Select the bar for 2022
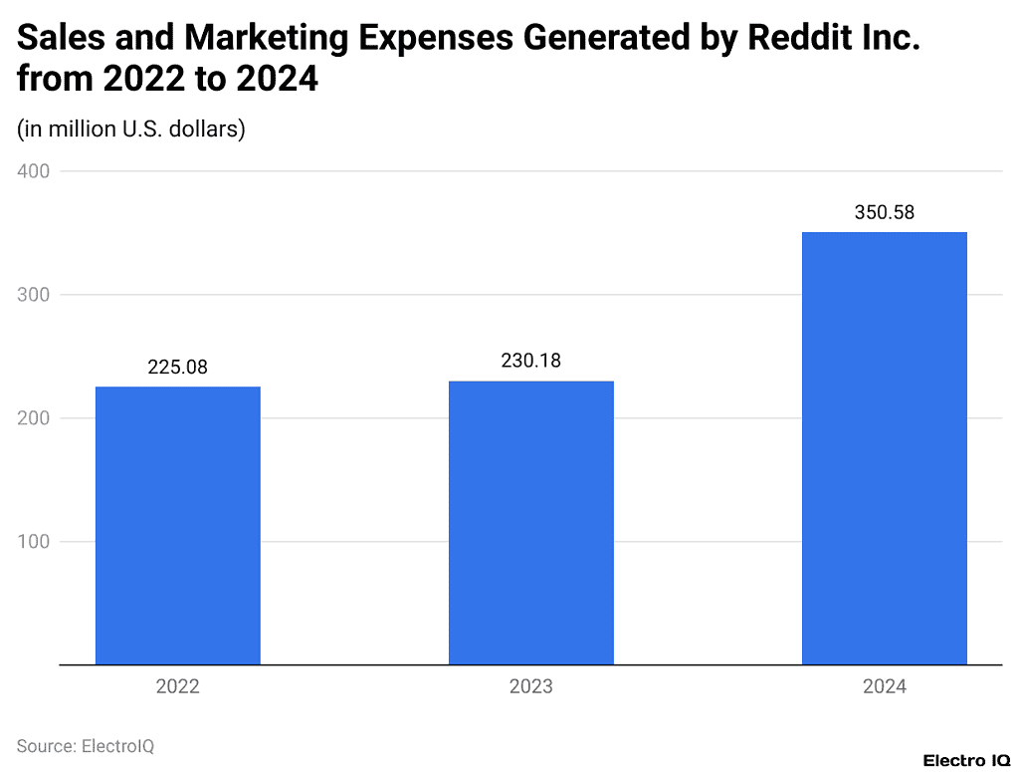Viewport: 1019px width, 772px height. (177, 525)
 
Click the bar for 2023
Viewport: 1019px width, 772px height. (530, 522)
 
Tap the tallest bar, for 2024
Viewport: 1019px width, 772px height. (884, 448)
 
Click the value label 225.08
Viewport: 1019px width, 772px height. (177, 368)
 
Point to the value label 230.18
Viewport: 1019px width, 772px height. (530, 361)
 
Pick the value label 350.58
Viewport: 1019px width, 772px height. (884, 212)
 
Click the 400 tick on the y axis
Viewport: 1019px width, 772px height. (33, 171)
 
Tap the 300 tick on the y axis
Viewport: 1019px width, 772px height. (33, 295)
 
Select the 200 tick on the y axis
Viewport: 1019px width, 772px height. (33, 418)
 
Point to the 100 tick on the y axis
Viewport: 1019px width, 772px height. (33, 542)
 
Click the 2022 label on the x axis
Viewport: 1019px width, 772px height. (177, 687)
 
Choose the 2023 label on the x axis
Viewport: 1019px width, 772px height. (530, 687)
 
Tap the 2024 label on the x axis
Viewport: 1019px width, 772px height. (884, 687)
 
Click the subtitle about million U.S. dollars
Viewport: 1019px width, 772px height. (131, 129)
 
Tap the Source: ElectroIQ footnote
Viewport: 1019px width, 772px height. (86, 745)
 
